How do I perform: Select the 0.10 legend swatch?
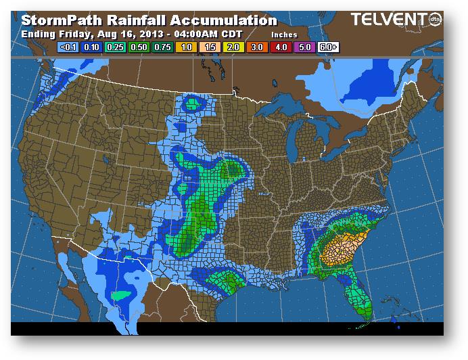click(91, 48)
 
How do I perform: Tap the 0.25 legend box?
click(114, 48)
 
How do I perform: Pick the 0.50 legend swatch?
click(138, 48)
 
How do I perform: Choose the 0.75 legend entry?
click(162, 48)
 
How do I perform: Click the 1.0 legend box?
click(185, 48)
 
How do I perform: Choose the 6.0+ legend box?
click(328, 48)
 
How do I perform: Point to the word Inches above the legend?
click(285, 34)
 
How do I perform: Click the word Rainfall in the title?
click(131, 21)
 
